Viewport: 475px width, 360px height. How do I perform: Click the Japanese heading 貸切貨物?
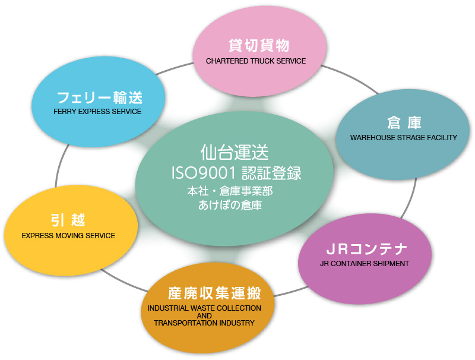(x=259, y=46)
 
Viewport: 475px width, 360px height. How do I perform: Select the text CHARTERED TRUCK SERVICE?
(x=256, y=61)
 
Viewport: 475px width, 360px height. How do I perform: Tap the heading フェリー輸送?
(x=100, y=97)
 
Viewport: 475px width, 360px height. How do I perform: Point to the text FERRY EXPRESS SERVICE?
(x=97, y=112)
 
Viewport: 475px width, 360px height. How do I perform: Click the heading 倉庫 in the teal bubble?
(x=404, y=123)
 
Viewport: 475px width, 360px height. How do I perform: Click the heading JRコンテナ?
(x=366, y=249)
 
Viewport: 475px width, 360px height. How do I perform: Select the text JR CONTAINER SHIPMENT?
(x=365, y=264)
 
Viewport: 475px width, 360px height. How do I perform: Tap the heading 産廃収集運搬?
(x=214, y=293)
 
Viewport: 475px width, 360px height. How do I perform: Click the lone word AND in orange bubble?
(x=204, y=315)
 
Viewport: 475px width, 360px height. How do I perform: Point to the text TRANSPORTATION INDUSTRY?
(x=204, y=323)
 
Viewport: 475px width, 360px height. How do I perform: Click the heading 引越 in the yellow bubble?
(x=68, y=220)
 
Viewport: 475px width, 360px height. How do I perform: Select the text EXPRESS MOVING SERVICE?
(x=68, y=236)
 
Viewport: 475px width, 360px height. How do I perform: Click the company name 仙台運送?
(x=235, y=152)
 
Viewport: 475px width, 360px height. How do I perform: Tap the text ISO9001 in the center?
(x=204, y=173)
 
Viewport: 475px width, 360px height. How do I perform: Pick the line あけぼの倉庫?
(x=230, y=205)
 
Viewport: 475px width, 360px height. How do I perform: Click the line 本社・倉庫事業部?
(x=230, y=191)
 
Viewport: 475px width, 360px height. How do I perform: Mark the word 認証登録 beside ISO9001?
(x=271, y=173)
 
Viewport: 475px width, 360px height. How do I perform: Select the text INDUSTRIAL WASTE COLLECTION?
(x=204, y=308)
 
